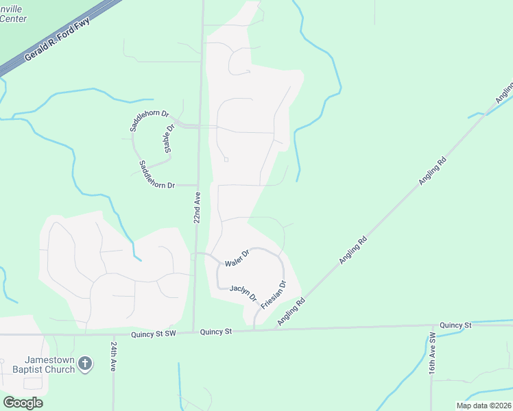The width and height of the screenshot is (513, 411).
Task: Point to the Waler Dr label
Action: point(237,258)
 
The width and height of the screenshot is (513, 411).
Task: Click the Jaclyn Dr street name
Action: point(243,292)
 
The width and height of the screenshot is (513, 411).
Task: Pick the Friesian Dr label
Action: point(273,292)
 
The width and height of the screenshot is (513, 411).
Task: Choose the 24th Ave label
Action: point(114,357)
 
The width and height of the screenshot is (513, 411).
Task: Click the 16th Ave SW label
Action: point(433,353)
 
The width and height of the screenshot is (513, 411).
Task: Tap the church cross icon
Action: point(84,363)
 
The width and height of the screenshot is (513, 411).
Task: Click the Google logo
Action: point(23,403)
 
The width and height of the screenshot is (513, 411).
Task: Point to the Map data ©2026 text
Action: point(483,406)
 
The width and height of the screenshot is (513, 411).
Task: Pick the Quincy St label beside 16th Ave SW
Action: point(455,325)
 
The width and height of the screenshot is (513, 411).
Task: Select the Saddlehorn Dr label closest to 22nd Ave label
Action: point(157,175)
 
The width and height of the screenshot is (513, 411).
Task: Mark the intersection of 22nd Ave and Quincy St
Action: point(193,333)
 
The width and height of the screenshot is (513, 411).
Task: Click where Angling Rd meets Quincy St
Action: point(275,329)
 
